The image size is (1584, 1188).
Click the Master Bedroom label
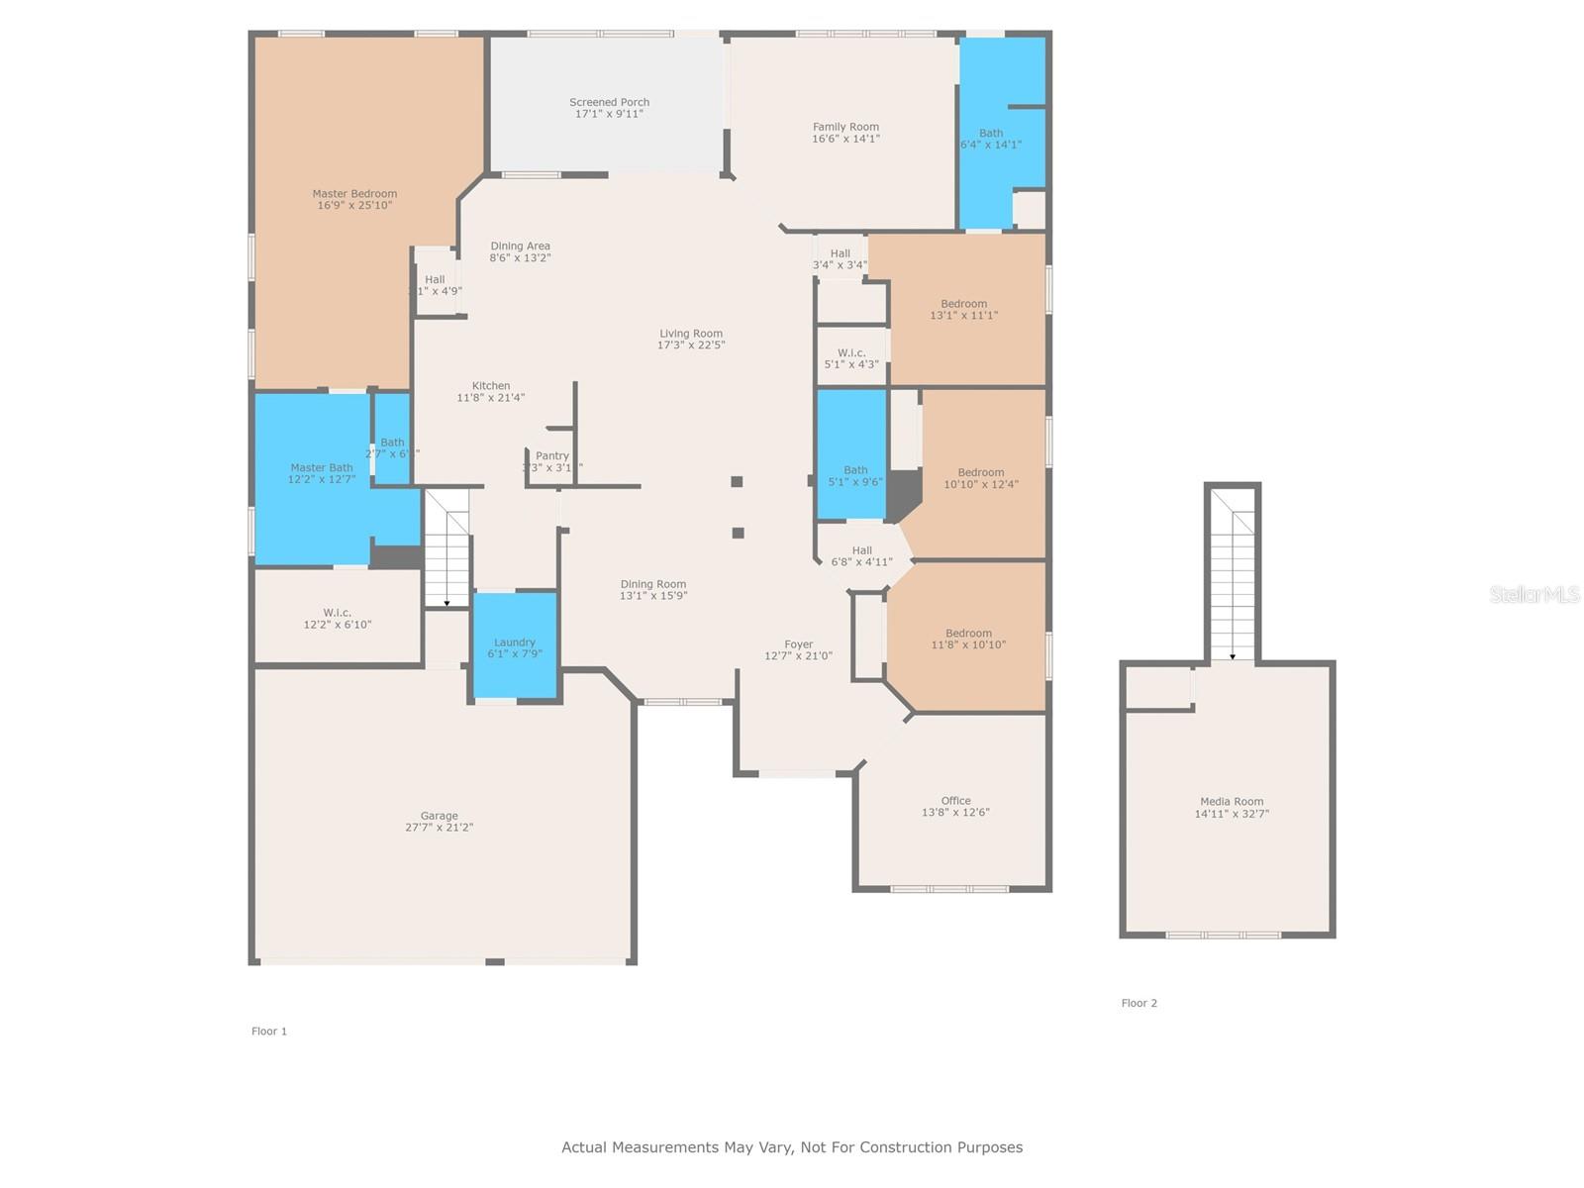tap(354, 194)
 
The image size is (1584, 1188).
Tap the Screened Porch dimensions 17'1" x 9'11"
tap(609, 114)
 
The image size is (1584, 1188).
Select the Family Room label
tap(845, 127)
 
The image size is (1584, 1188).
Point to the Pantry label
tap(552, 456)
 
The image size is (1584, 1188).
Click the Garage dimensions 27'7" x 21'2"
tap(439, 828)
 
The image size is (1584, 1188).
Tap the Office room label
tap(955, 801)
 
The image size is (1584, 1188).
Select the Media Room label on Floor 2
tap(1232, 802)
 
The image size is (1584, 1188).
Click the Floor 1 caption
tap(269, 1032)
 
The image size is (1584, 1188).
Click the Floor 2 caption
tap(1138, 1003)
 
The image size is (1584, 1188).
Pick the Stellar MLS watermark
tap(1534, 594)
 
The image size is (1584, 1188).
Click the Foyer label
tap(799, 644)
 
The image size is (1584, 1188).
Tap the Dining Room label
tap(652, 584)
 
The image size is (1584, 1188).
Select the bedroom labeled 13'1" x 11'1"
tap(963, 310)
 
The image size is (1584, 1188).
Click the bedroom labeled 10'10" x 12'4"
tap(980, 478)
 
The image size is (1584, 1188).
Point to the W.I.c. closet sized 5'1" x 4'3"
tap(851, 358)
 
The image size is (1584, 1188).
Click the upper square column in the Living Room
tap(737, 482)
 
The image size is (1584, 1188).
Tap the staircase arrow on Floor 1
tap(446, 602)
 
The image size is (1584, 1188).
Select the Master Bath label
tap(321, 467)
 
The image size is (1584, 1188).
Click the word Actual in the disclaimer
tap(584, 1147)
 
